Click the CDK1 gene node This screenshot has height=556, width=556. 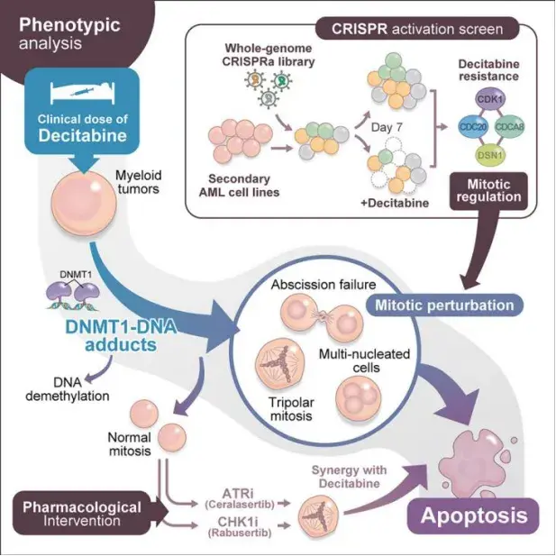click(x=488, y=100)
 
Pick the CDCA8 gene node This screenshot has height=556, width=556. click(x=508, y=126)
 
